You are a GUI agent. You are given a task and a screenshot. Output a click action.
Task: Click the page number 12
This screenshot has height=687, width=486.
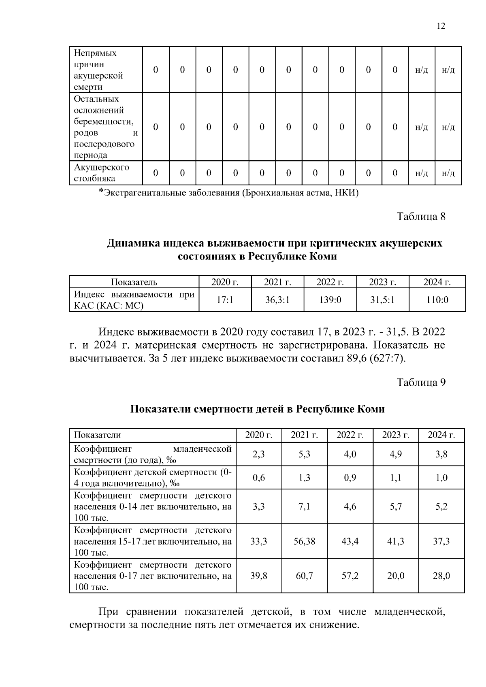(x=441, y=26)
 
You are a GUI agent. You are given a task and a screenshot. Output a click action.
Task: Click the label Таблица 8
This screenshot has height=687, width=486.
(x=421, y=217)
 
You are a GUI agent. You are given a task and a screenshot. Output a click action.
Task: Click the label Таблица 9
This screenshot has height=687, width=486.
(x=421, y=383)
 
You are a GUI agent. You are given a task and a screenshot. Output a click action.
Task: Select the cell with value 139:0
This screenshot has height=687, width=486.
(x=330, y=300)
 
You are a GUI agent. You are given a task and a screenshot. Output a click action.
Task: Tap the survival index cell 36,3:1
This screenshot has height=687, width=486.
(x=277, y=300)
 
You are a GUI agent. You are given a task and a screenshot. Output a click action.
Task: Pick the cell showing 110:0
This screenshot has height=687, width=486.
(x=437, y=300)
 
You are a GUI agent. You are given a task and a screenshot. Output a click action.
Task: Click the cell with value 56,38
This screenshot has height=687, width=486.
(x=304, y=541)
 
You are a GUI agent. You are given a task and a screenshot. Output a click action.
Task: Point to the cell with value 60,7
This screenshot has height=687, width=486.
(x=304, y=576)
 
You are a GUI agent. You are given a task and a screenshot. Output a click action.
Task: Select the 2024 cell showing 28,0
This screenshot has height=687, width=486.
(x=441, y=576)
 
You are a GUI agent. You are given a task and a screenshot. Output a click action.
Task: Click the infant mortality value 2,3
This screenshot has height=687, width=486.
(x=258, y=454)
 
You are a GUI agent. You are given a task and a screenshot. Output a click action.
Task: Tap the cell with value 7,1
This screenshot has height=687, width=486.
(x=304, y=506)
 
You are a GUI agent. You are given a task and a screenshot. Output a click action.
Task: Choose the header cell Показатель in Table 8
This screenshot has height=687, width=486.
(x=134, y=282)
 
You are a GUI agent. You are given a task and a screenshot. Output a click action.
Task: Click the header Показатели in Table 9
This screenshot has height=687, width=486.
(x=97, y=435)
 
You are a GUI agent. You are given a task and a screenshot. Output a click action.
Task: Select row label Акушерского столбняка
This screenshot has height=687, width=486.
(x=101, y=173)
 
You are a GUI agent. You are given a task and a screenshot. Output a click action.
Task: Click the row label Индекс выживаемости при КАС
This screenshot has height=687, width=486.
(x=134, y=300)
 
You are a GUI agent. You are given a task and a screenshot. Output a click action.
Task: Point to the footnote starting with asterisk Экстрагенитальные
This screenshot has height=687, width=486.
(x=229, y=193)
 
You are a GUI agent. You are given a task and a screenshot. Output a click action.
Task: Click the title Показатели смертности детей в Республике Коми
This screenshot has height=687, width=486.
(x=257, y=409)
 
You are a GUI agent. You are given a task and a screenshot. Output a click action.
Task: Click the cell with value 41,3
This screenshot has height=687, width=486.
(x=395, y=541)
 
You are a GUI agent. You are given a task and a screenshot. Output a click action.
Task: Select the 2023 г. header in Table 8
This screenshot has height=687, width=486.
(x=382, y=282)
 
